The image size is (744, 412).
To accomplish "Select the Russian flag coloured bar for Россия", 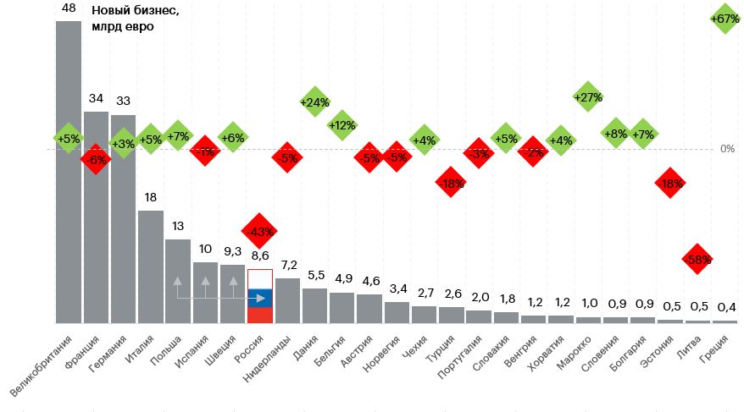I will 259,297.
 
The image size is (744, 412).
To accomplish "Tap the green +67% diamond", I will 725,19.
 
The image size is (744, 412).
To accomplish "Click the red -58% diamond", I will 697,259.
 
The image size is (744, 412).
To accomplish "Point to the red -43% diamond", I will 259,231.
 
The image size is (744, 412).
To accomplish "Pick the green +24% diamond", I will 314,102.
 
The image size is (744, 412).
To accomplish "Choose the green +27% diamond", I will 587,97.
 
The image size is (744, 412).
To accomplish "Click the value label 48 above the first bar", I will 69,8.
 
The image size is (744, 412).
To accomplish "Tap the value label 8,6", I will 259,255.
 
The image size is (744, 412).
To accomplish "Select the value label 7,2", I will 287,265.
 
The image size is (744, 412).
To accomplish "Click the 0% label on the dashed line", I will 726,149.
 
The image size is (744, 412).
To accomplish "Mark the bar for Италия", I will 151,266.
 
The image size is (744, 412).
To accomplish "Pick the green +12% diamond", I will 341,125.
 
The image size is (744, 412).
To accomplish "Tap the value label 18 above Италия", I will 151,198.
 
